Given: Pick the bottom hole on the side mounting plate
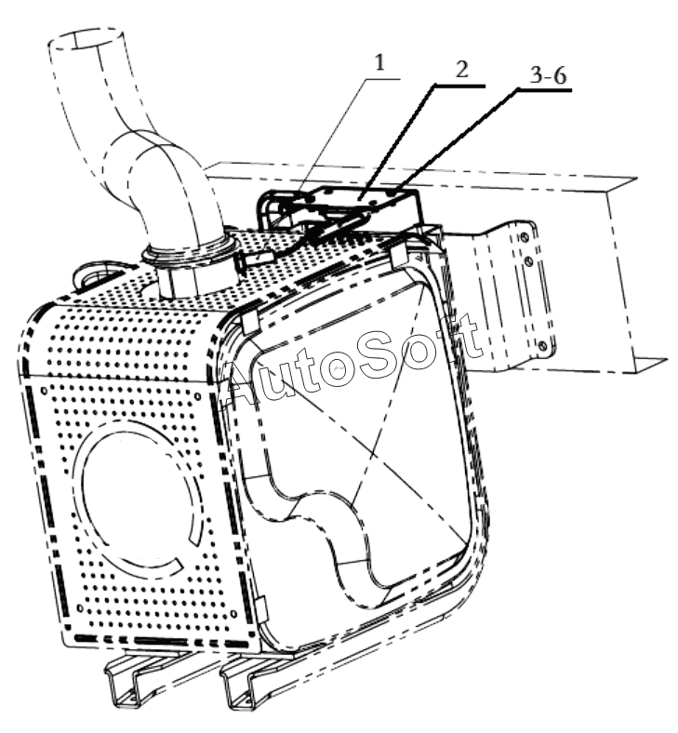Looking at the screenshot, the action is (x=541, y=346).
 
